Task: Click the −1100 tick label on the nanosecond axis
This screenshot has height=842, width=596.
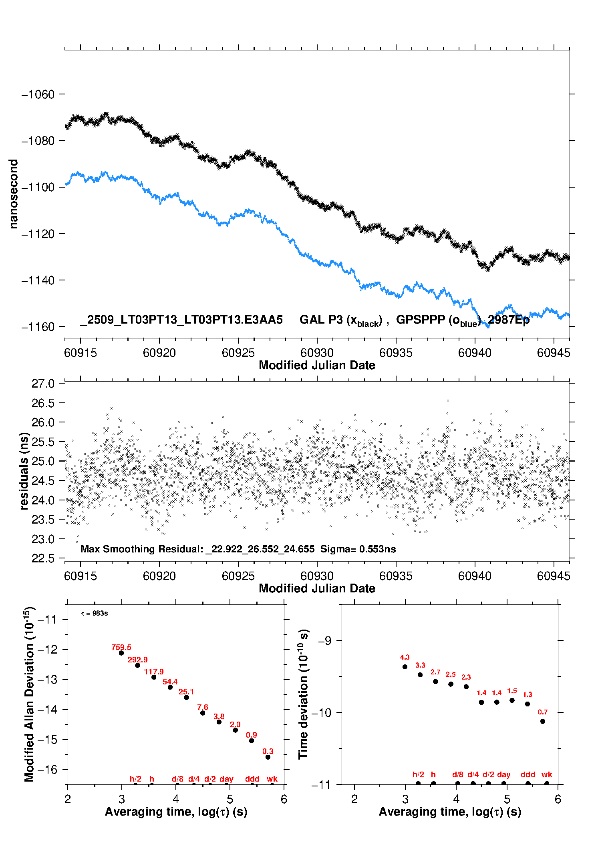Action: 38,187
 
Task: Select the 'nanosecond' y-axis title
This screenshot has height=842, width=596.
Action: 14,194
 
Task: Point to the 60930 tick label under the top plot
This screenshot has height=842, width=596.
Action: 317,353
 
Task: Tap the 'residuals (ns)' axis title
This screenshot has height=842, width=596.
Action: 24,471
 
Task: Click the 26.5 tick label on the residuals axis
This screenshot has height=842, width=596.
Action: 43,403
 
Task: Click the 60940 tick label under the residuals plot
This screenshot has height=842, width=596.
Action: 475,576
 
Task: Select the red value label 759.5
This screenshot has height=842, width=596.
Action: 121,647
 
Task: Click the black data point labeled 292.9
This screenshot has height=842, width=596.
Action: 138,665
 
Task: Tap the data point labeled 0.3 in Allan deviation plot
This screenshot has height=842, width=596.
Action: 268,757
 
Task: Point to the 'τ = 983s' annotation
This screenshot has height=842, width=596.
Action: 95,614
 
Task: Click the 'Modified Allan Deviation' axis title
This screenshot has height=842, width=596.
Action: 29,694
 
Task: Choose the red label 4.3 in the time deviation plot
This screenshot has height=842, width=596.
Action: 405,657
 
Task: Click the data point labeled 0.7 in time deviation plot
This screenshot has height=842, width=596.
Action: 543,721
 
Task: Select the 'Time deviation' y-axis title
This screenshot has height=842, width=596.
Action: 303,694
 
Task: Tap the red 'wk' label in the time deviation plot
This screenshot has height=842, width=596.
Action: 547,774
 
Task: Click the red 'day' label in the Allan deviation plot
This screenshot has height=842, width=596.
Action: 226,779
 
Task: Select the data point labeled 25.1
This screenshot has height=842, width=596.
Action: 187,697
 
